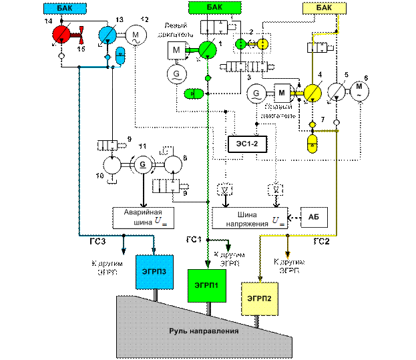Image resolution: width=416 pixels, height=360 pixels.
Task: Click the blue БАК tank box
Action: coord(62,8)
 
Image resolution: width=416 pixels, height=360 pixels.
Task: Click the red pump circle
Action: coord(60,33)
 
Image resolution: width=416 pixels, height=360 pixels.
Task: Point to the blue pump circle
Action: coord(107,35)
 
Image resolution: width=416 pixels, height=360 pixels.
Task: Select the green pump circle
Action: coord(208,50)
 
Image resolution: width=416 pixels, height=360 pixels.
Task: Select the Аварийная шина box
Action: coord(143,217)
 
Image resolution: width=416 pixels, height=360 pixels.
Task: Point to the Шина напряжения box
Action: coord(249,217)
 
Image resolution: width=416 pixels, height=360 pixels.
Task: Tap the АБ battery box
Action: coord(313,218)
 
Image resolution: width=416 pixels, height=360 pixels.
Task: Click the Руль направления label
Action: coord(203,330)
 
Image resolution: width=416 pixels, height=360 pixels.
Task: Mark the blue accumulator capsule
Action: coord(120,56)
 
